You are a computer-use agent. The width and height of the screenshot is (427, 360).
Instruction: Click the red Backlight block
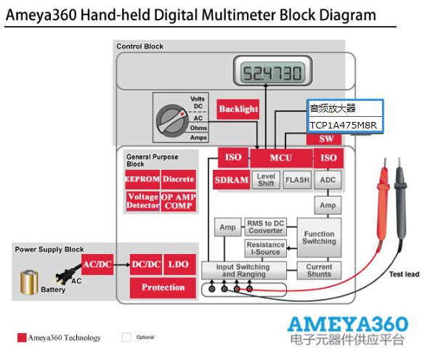237,109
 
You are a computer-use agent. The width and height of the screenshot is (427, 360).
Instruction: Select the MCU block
281,157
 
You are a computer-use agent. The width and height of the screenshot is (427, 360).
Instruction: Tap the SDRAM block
231,180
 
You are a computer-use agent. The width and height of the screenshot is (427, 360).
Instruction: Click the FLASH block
297,180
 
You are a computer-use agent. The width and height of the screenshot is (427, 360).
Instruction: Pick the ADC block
328,180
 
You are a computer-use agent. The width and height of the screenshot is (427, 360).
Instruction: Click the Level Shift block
266,180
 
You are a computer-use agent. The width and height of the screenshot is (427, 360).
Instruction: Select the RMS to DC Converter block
266,227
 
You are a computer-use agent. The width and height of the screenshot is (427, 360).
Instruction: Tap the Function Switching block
320,237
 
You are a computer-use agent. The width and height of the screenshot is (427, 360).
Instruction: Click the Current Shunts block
320,271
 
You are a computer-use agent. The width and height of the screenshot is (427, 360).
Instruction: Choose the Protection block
163,287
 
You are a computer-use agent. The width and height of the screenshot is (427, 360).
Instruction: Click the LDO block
179,264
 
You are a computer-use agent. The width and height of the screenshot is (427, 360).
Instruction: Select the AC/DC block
97,264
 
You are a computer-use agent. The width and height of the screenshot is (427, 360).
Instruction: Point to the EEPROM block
142,179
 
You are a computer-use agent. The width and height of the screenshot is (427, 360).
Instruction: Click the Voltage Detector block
142,201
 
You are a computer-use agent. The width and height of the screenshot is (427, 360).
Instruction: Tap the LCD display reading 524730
273,70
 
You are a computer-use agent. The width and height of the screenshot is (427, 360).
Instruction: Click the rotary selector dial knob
172,120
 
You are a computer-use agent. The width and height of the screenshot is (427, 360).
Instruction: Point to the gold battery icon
29,282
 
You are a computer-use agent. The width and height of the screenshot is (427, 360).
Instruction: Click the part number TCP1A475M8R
343,125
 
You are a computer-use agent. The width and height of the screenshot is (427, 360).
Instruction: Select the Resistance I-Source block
266,248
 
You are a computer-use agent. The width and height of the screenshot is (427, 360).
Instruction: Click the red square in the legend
22,337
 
